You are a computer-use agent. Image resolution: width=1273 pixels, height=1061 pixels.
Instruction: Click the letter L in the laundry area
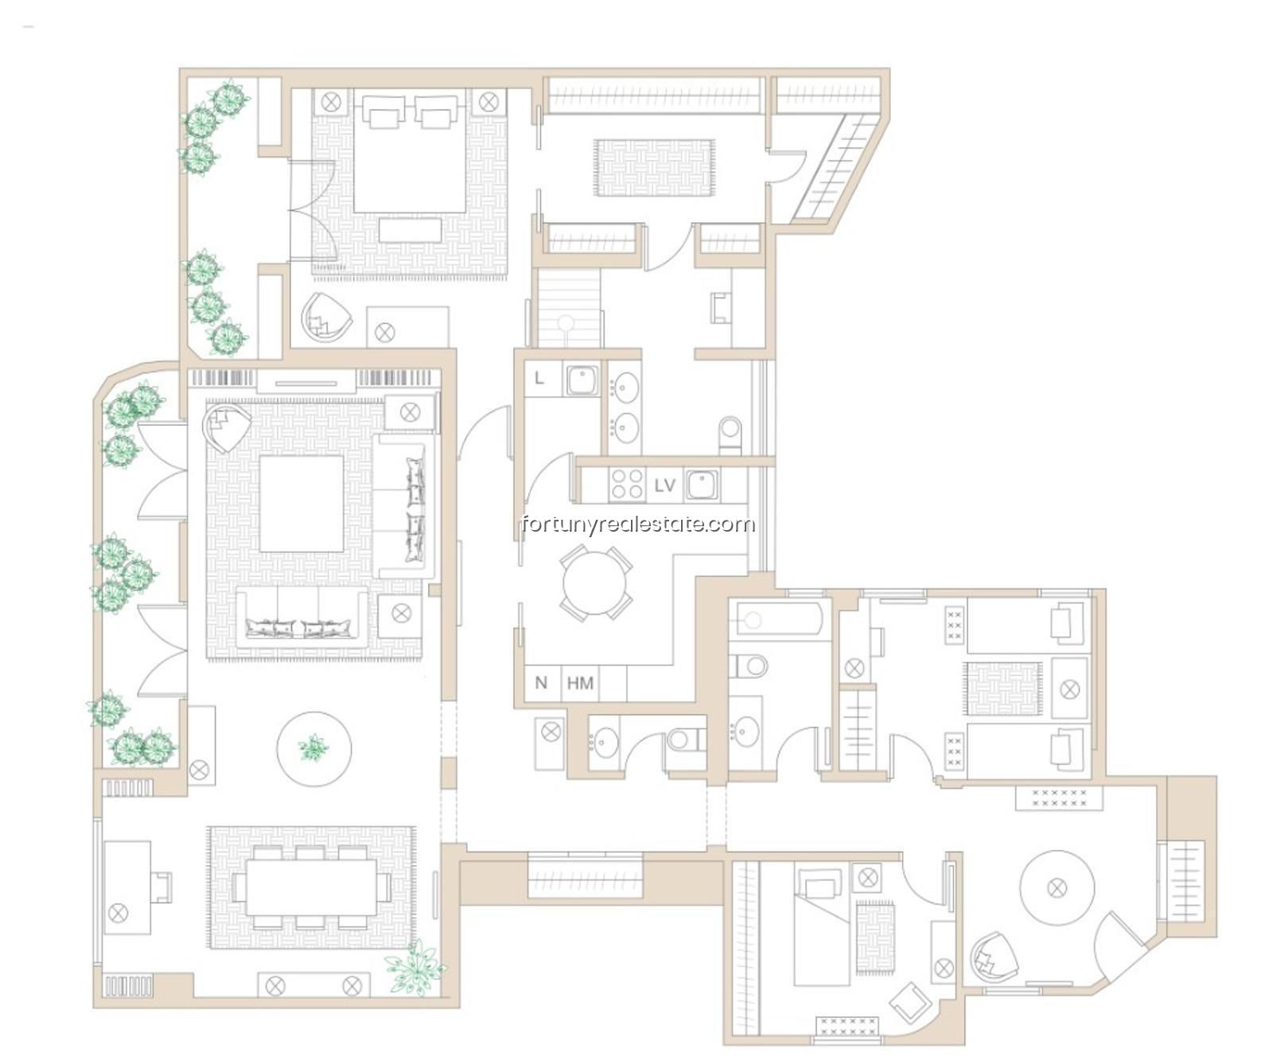click(x=539, y=378)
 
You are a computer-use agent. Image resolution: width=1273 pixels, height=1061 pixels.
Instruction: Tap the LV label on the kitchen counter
click(x=664, y=485)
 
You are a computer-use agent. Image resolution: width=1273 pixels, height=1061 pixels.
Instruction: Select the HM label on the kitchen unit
click(x=580, y=683)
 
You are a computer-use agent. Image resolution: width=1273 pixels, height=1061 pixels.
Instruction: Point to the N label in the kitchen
click(x=541, y=683)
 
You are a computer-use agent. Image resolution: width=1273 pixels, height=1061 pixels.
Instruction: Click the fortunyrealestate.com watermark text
click(x=637, y=524)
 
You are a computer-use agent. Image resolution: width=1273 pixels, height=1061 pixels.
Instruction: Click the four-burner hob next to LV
click(x=627, y=485)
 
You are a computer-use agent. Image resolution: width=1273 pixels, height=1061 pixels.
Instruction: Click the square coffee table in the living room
click(x=302, y=503)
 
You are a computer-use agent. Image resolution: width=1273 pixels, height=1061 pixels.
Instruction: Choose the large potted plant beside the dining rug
click(x=415, y=966)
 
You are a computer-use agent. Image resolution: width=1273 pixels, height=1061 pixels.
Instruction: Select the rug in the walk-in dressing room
click(x=654, y=167)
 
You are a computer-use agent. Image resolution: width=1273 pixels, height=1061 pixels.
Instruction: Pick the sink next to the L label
click(x=582, y=380)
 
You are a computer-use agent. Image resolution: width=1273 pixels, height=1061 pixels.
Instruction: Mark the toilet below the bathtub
click(x=748, y=664)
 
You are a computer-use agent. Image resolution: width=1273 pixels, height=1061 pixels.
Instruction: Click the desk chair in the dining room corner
click(x=162, y=887)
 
